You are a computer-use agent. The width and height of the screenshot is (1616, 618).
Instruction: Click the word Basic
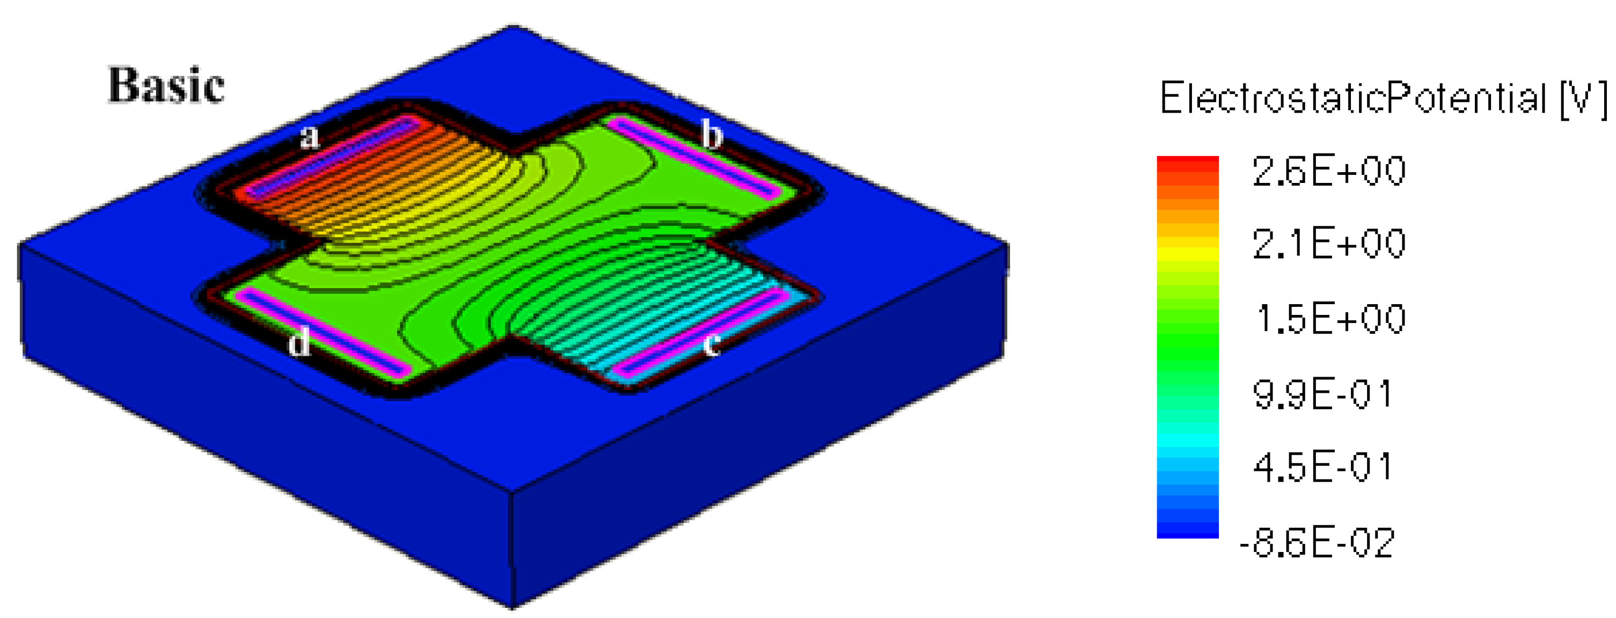point(166,85)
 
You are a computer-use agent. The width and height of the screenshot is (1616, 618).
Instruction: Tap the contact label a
point(309,137)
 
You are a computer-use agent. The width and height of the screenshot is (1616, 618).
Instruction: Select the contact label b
point(712,134)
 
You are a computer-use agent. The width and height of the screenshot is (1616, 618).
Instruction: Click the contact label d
point(299,342)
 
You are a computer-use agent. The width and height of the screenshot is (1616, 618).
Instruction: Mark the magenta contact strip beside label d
point(323,332)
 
